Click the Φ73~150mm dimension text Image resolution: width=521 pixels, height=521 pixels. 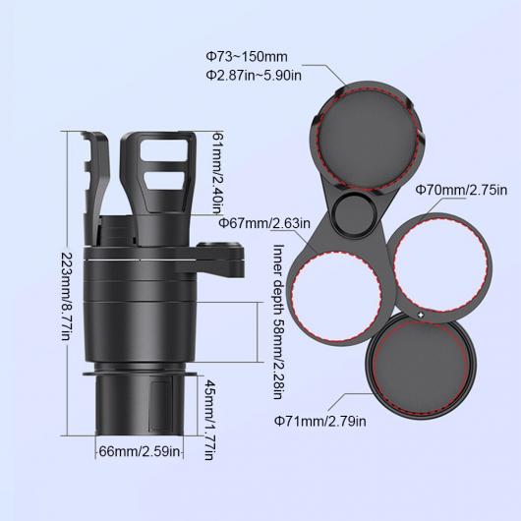[x=246, y=57]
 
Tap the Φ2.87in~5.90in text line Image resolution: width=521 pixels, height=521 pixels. [x=254, y=76]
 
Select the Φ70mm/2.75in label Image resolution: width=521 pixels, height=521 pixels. [x=461, y=191]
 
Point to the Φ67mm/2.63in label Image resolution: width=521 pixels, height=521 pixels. [x=264, y=223]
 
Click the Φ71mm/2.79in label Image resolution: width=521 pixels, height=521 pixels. [x=320, y=421]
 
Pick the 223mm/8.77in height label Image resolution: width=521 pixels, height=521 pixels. [x=68, y=296]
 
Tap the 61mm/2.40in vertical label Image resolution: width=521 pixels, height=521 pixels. [x=217, y=173]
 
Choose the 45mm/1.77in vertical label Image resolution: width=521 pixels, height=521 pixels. [x=209, y=420]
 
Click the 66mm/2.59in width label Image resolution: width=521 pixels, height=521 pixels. [x=140, y=451]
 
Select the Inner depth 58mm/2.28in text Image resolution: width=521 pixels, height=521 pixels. [x=278, y=321]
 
